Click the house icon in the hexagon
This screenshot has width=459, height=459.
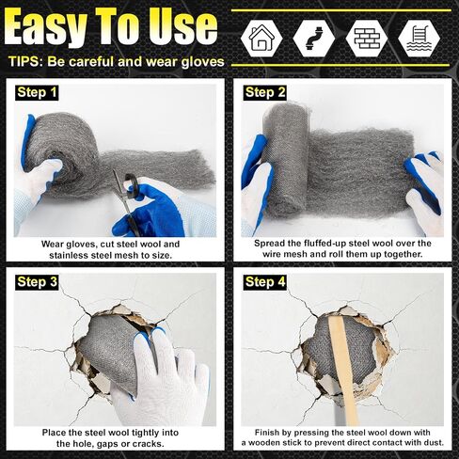click(x=261, y=38)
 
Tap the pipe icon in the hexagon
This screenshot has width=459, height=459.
click(x=314, y=39)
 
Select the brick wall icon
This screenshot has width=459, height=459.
click(x=367, y=39)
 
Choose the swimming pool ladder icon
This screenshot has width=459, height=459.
click(x=419, y=39)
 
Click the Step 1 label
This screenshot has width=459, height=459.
click(x=37, y=92)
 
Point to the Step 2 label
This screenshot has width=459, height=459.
click(x=265, y=92)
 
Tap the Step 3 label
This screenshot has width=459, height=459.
click(x=37, y=282)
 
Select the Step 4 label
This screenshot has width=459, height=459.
click(x=265, y=282)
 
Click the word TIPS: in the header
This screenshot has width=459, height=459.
click(x=25, y=61)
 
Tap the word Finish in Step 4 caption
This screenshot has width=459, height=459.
click(x=266, y=433)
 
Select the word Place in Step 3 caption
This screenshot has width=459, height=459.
click(x=54, y=433)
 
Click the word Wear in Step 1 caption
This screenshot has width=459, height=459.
click(x=53, y=245)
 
